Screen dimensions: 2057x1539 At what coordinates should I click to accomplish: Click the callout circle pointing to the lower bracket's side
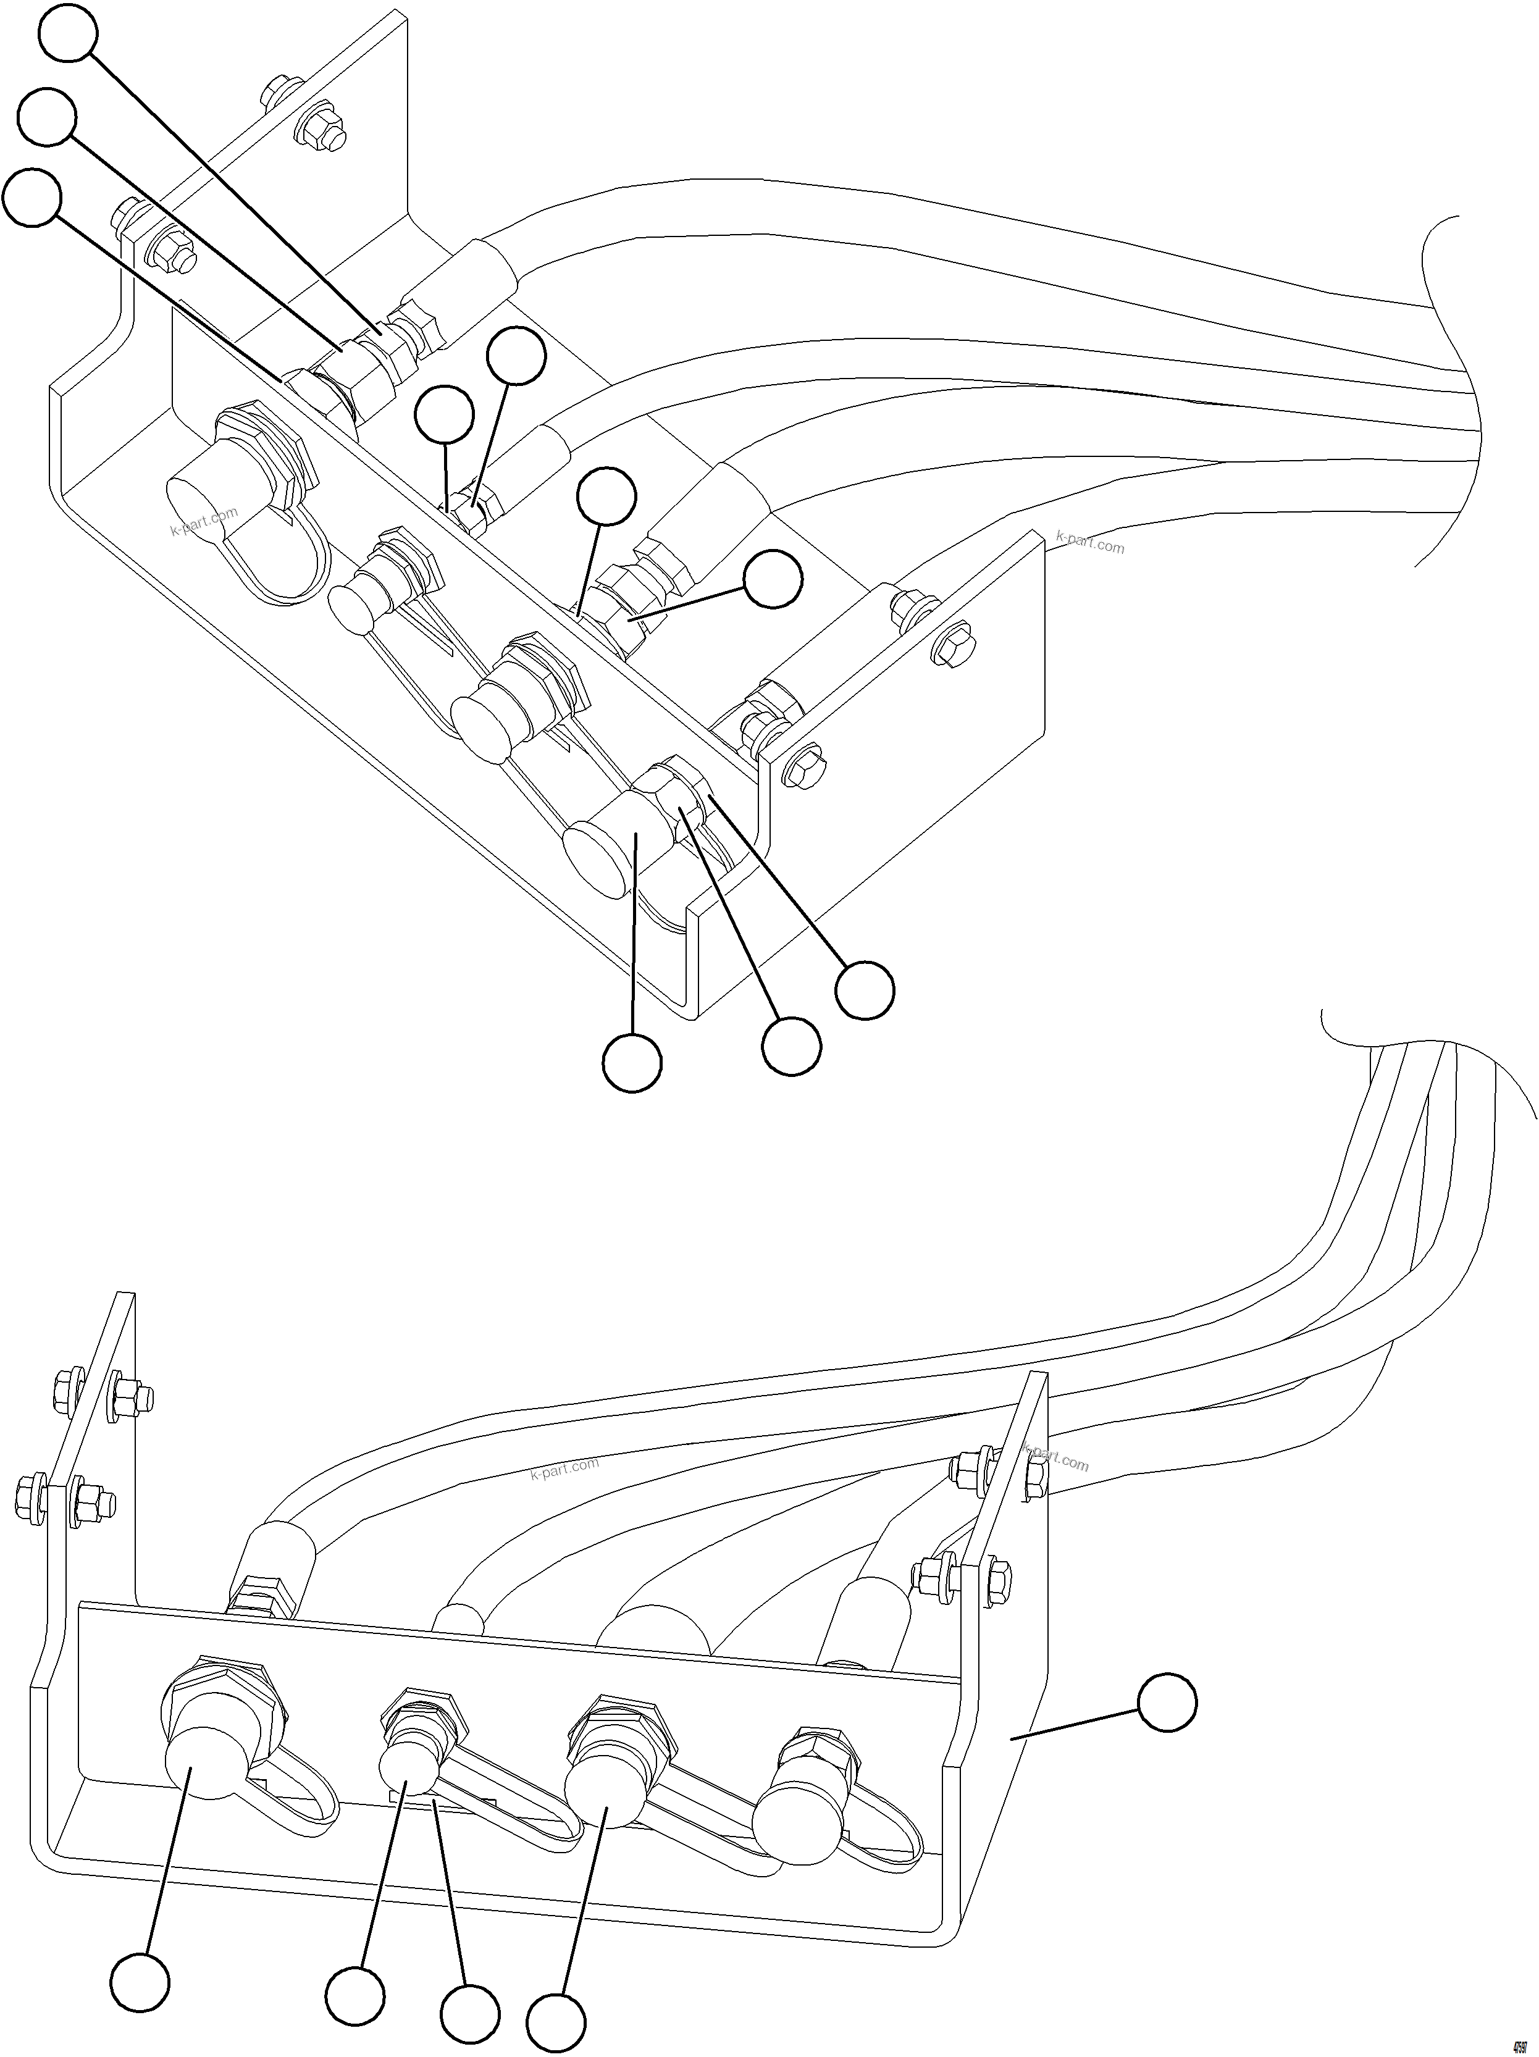[x=1167, y=1703]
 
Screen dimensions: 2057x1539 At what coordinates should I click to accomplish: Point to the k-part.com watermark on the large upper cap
[x=204, y=521]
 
